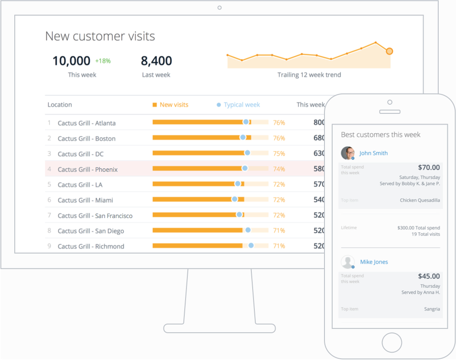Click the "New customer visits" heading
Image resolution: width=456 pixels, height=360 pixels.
(x=100, y=36)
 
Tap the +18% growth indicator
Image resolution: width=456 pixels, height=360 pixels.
(x=103, y=61)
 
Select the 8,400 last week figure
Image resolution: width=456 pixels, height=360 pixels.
(x=156, y=61)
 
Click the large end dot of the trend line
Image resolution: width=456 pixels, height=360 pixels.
(x=389, y=51)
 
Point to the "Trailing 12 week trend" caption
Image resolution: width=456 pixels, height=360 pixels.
(x=309, y=75)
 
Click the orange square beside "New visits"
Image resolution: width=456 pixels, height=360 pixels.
(x=155, y=105)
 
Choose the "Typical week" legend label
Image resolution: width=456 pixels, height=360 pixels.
(x=242, y=105)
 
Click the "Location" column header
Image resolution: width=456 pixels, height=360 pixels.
(x=60, y=105)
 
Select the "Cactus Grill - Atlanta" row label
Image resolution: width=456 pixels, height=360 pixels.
(x=87, y=123)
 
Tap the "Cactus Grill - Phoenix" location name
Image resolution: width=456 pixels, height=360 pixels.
(x=87, y=169)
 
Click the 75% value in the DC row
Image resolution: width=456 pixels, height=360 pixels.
(x=279, y=154)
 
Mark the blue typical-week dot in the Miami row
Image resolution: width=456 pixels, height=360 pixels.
(x=234, y=199)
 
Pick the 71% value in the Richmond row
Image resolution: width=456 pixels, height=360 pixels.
(x=279, y=246)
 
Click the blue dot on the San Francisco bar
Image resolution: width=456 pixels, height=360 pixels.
(x=239, y=215)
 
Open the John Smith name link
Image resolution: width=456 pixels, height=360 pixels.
(x=373, y=153)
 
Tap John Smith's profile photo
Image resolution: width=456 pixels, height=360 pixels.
(x=348, y=153)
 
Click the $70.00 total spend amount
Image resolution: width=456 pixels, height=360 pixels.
(x=429, y=167)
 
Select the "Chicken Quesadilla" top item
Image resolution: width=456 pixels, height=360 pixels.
(x=420, y=200)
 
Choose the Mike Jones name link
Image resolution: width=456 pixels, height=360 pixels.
(x=374, y=262)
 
